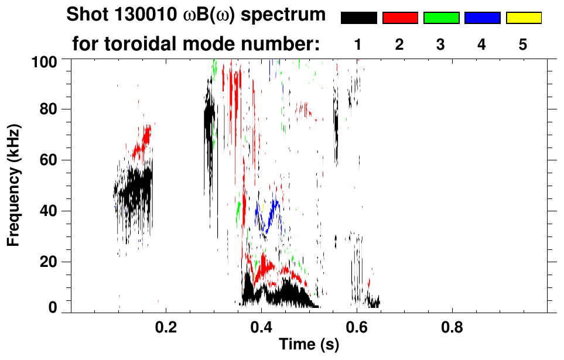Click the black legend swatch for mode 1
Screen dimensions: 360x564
point(358,18)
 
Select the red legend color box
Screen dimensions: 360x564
point(400,18)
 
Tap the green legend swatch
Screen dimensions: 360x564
point(441,18)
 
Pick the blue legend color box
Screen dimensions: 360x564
point(482,18)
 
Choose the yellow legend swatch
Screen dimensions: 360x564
point(523,18)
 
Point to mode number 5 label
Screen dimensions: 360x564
point(523,44)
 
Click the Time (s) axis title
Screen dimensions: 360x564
point(308,345)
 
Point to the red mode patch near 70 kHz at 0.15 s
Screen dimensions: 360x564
point(142,140)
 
